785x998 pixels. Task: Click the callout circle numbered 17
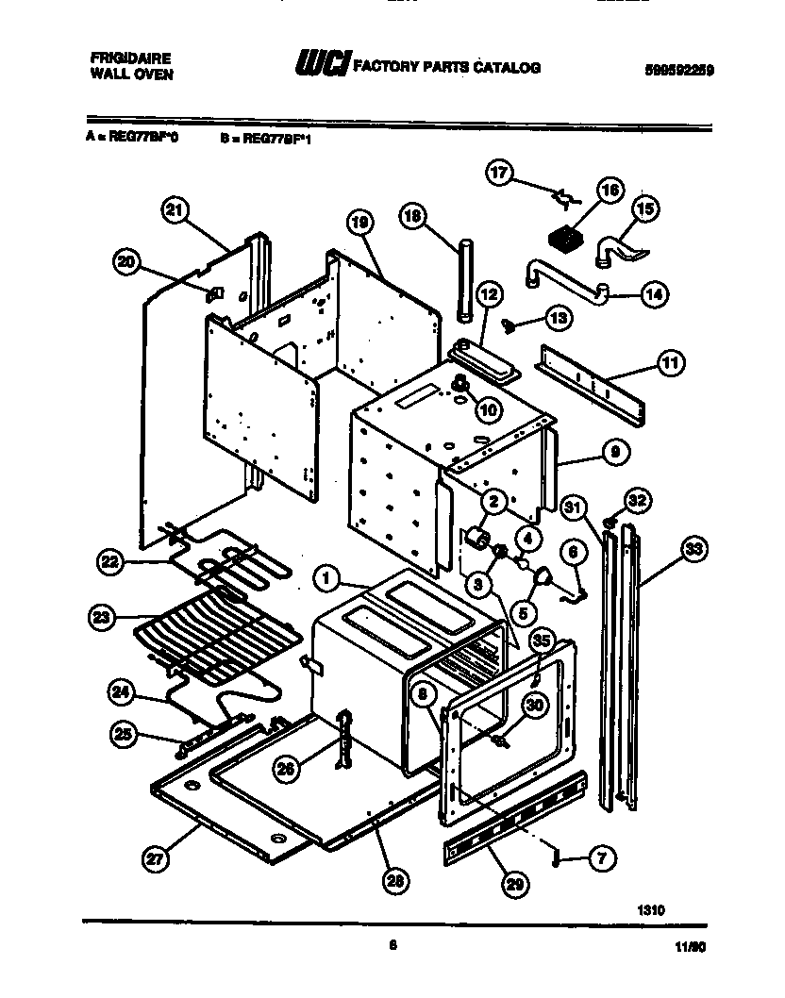tap(500, 173)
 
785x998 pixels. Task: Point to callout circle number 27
tap(155, 858)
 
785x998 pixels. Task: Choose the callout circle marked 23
tap(101, 619)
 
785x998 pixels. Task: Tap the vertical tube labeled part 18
tap(463, 283)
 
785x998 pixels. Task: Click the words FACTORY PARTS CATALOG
tap(446, 68)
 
